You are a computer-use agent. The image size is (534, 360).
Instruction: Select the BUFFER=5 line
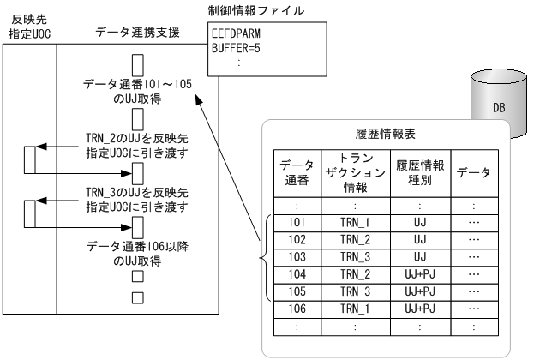[x=236, y=49]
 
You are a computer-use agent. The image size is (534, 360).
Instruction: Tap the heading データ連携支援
[x=136, y=32]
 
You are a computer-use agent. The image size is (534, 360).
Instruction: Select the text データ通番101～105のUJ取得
[x=135, y=92]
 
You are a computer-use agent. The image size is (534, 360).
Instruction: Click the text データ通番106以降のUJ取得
[x=135, y=253]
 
